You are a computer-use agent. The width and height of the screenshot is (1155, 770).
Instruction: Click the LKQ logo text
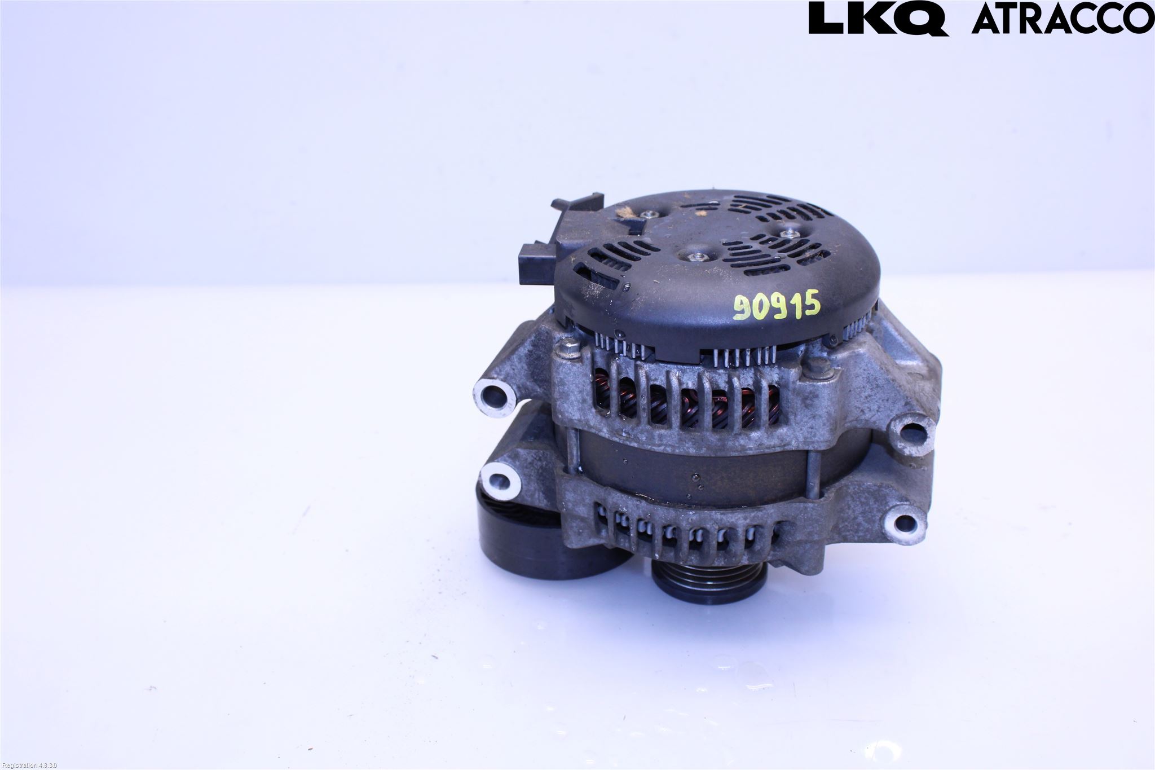tap(878, 18)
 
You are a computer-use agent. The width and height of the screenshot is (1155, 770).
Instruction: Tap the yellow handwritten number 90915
tap(777, 307)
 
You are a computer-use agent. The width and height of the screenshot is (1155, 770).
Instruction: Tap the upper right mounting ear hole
tap(909, 432)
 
